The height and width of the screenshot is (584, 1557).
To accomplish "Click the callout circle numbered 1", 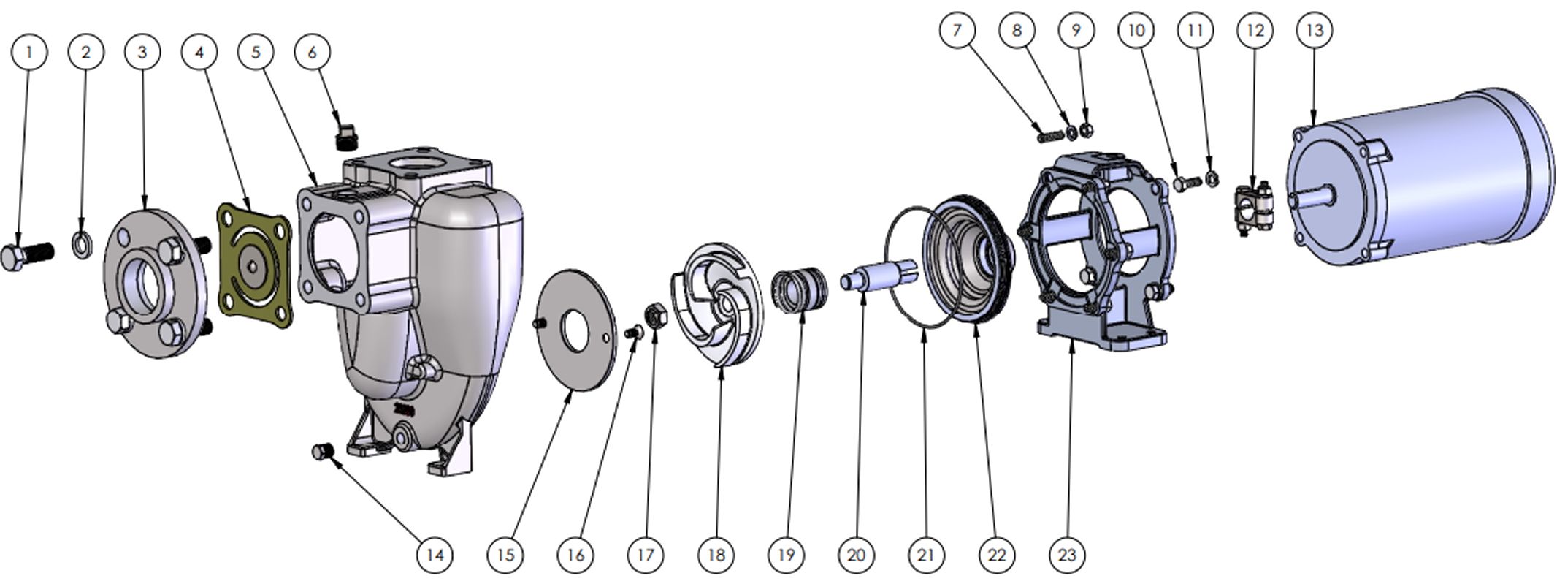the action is click(29, 52).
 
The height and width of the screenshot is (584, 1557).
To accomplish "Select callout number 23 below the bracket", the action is click(1067, 555).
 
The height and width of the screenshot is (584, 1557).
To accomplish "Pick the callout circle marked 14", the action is click(435, 555).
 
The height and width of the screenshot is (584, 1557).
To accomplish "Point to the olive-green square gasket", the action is click(255, 266).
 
